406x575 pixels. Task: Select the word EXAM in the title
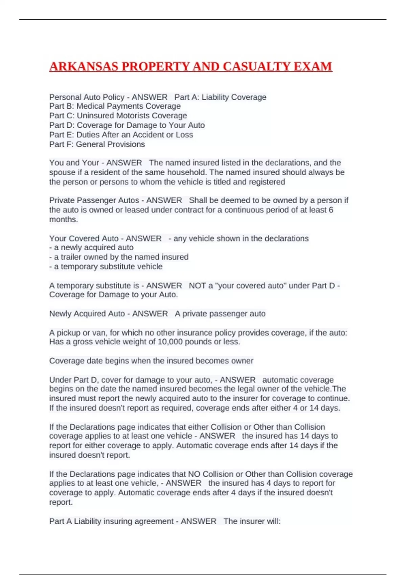(313, 67)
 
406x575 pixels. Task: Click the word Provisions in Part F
(128, 144)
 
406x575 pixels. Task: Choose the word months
(63, 220)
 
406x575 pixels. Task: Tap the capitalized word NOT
(197, 286)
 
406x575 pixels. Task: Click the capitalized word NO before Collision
(194, 474)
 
